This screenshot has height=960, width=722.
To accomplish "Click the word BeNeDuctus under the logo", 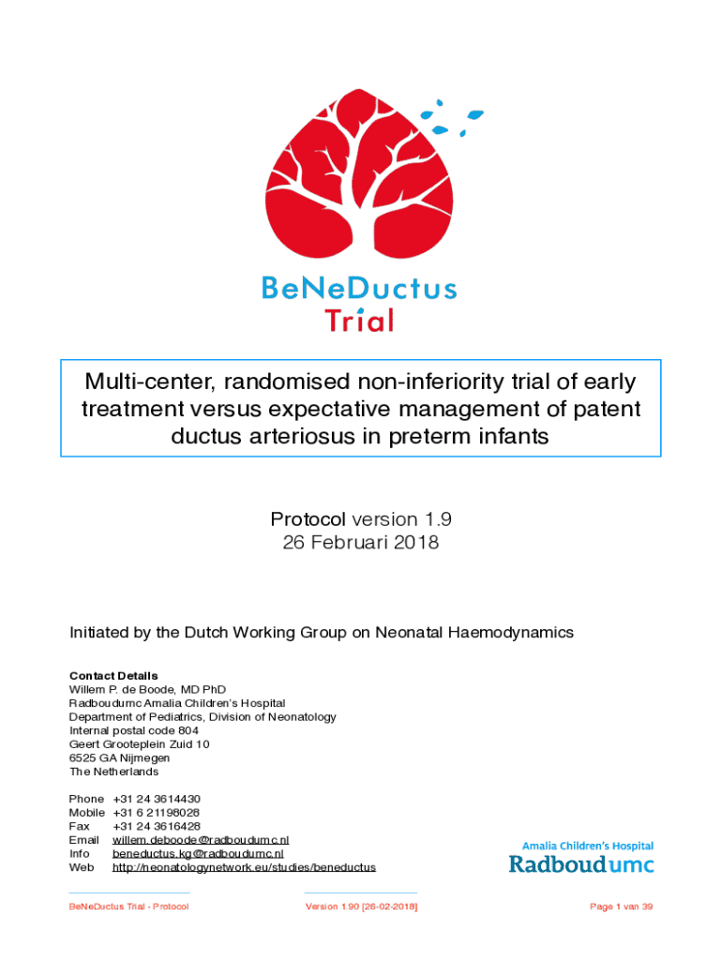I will point(360,288).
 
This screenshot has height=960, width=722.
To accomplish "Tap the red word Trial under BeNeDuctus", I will point(359,320).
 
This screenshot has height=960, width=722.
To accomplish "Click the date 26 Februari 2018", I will point(360,543).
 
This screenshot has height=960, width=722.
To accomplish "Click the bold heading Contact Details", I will point(113,676).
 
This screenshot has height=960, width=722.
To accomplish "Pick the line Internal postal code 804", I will point(134,730).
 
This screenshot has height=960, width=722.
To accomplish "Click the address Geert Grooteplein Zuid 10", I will point(140,744).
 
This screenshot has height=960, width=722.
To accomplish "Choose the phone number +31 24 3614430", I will point(157,799).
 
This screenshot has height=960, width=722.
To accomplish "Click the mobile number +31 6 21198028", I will point(157,813).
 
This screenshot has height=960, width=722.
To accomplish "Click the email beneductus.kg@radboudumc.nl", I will point(198,854).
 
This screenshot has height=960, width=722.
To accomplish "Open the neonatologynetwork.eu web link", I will point(244,868).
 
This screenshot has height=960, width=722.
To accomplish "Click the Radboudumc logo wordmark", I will point(581,862).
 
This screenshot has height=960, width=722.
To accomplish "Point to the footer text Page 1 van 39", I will point(621,907).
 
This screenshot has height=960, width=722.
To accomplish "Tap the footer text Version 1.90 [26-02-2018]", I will point(361,907).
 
